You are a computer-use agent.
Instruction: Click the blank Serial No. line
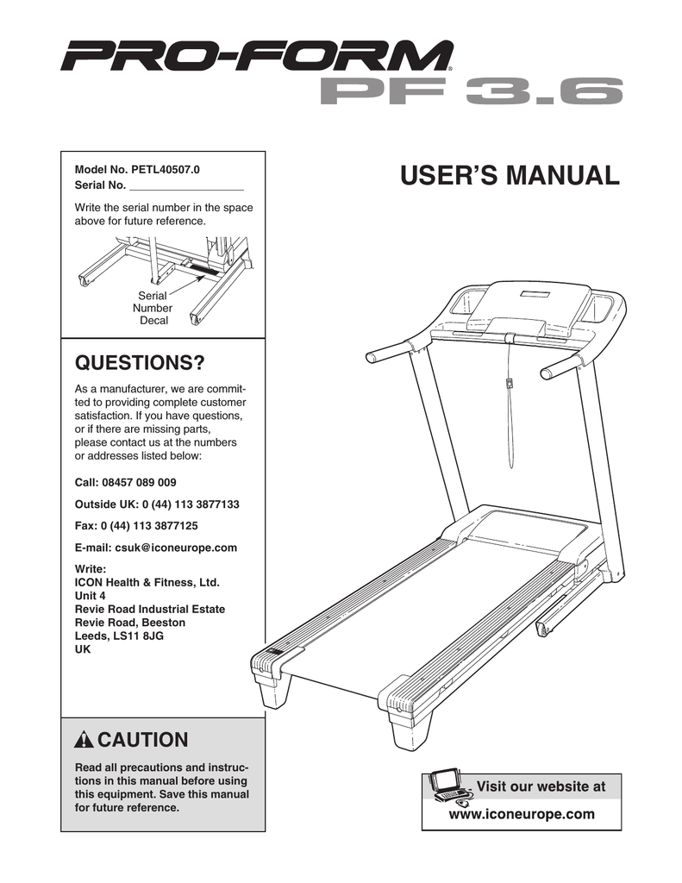click(185, 185)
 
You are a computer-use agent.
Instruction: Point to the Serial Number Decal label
click(153, 308)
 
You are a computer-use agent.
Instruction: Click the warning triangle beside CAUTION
click(84, 741)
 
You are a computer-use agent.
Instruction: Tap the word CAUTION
click(142, 740)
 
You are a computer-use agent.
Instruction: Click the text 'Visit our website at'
click(541, 786)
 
